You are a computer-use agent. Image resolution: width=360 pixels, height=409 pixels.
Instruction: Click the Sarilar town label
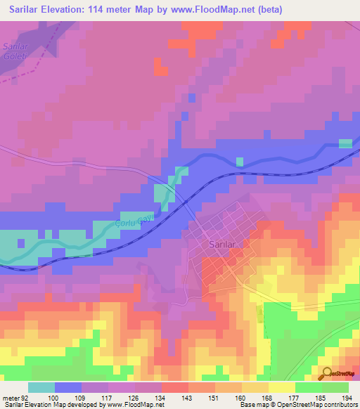coord(222,244)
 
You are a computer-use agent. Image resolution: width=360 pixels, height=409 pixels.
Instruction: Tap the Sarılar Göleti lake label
coord(15,51)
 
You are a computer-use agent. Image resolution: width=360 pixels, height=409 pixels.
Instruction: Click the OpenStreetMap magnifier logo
coord(326,374)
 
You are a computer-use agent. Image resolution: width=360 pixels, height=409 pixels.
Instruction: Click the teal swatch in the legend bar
coord(41,387)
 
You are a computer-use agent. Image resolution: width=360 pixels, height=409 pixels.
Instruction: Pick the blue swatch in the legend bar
coord(67,387)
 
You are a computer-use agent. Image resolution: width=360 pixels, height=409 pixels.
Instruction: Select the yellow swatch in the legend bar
coord(281,387)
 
